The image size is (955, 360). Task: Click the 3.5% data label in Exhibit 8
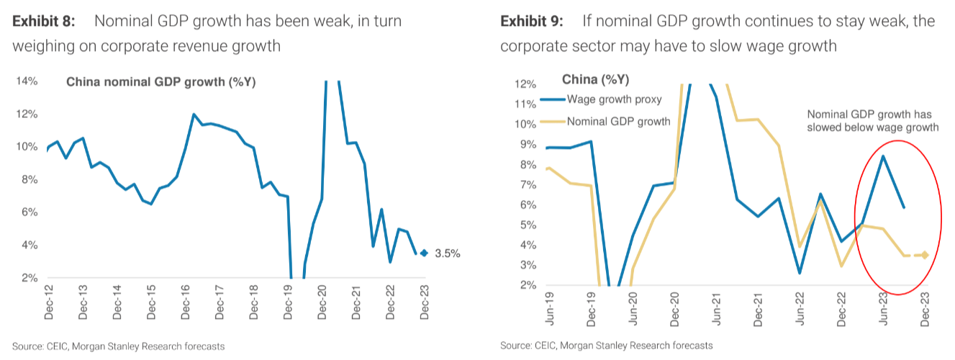pyautogui.click(x=448, y=253)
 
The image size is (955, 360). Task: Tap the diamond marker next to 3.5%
pyautogui.click(x=424, y=253)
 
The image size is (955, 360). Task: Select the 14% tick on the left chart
pyautogui.click(x=28, y=81)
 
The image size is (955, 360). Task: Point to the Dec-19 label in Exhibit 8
pyautogui.click(x=289, y=303)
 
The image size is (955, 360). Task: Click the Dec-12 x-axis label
pyautogui.click(x=49, y=303)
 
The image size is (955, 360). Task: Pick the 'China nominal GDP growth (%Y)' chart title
pyautogui.click(x=161, y=82)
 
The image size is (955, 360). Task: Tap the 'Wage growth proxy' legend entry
pyautogui.click(x=614, y=99)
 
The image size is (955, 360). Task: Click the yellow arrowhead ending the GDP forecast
pyautogui.click(x=924, y=255)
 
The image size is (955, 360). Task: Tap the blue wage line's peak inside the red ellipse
pyautogui.click(x=883, y=156)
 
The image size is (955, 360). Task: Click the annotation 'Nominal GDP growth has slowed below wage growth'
pyautogui.click(x=872, y=121)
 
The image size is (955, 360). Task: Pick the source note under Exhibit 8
pyautogui.click(x=118, y=346)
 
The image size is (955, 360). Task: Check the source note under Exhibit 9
pyautogui.click(x=607, y=346)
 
